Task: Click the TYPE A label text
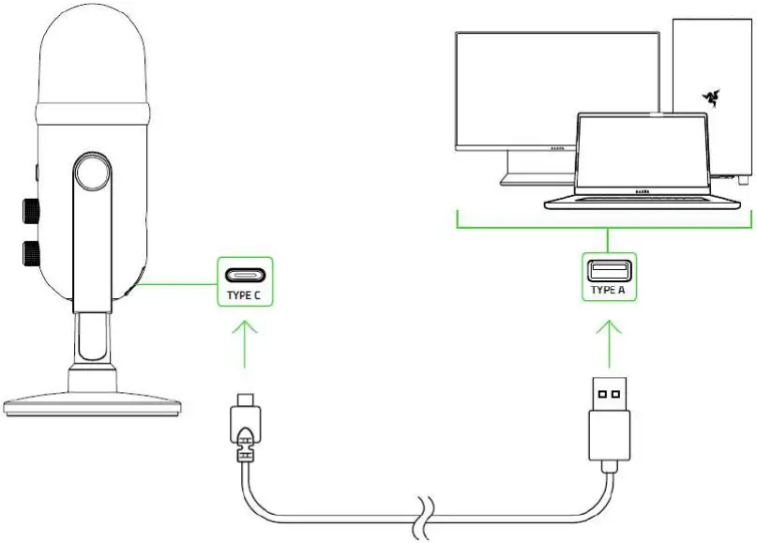609,291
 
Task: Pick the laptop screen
642,154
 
